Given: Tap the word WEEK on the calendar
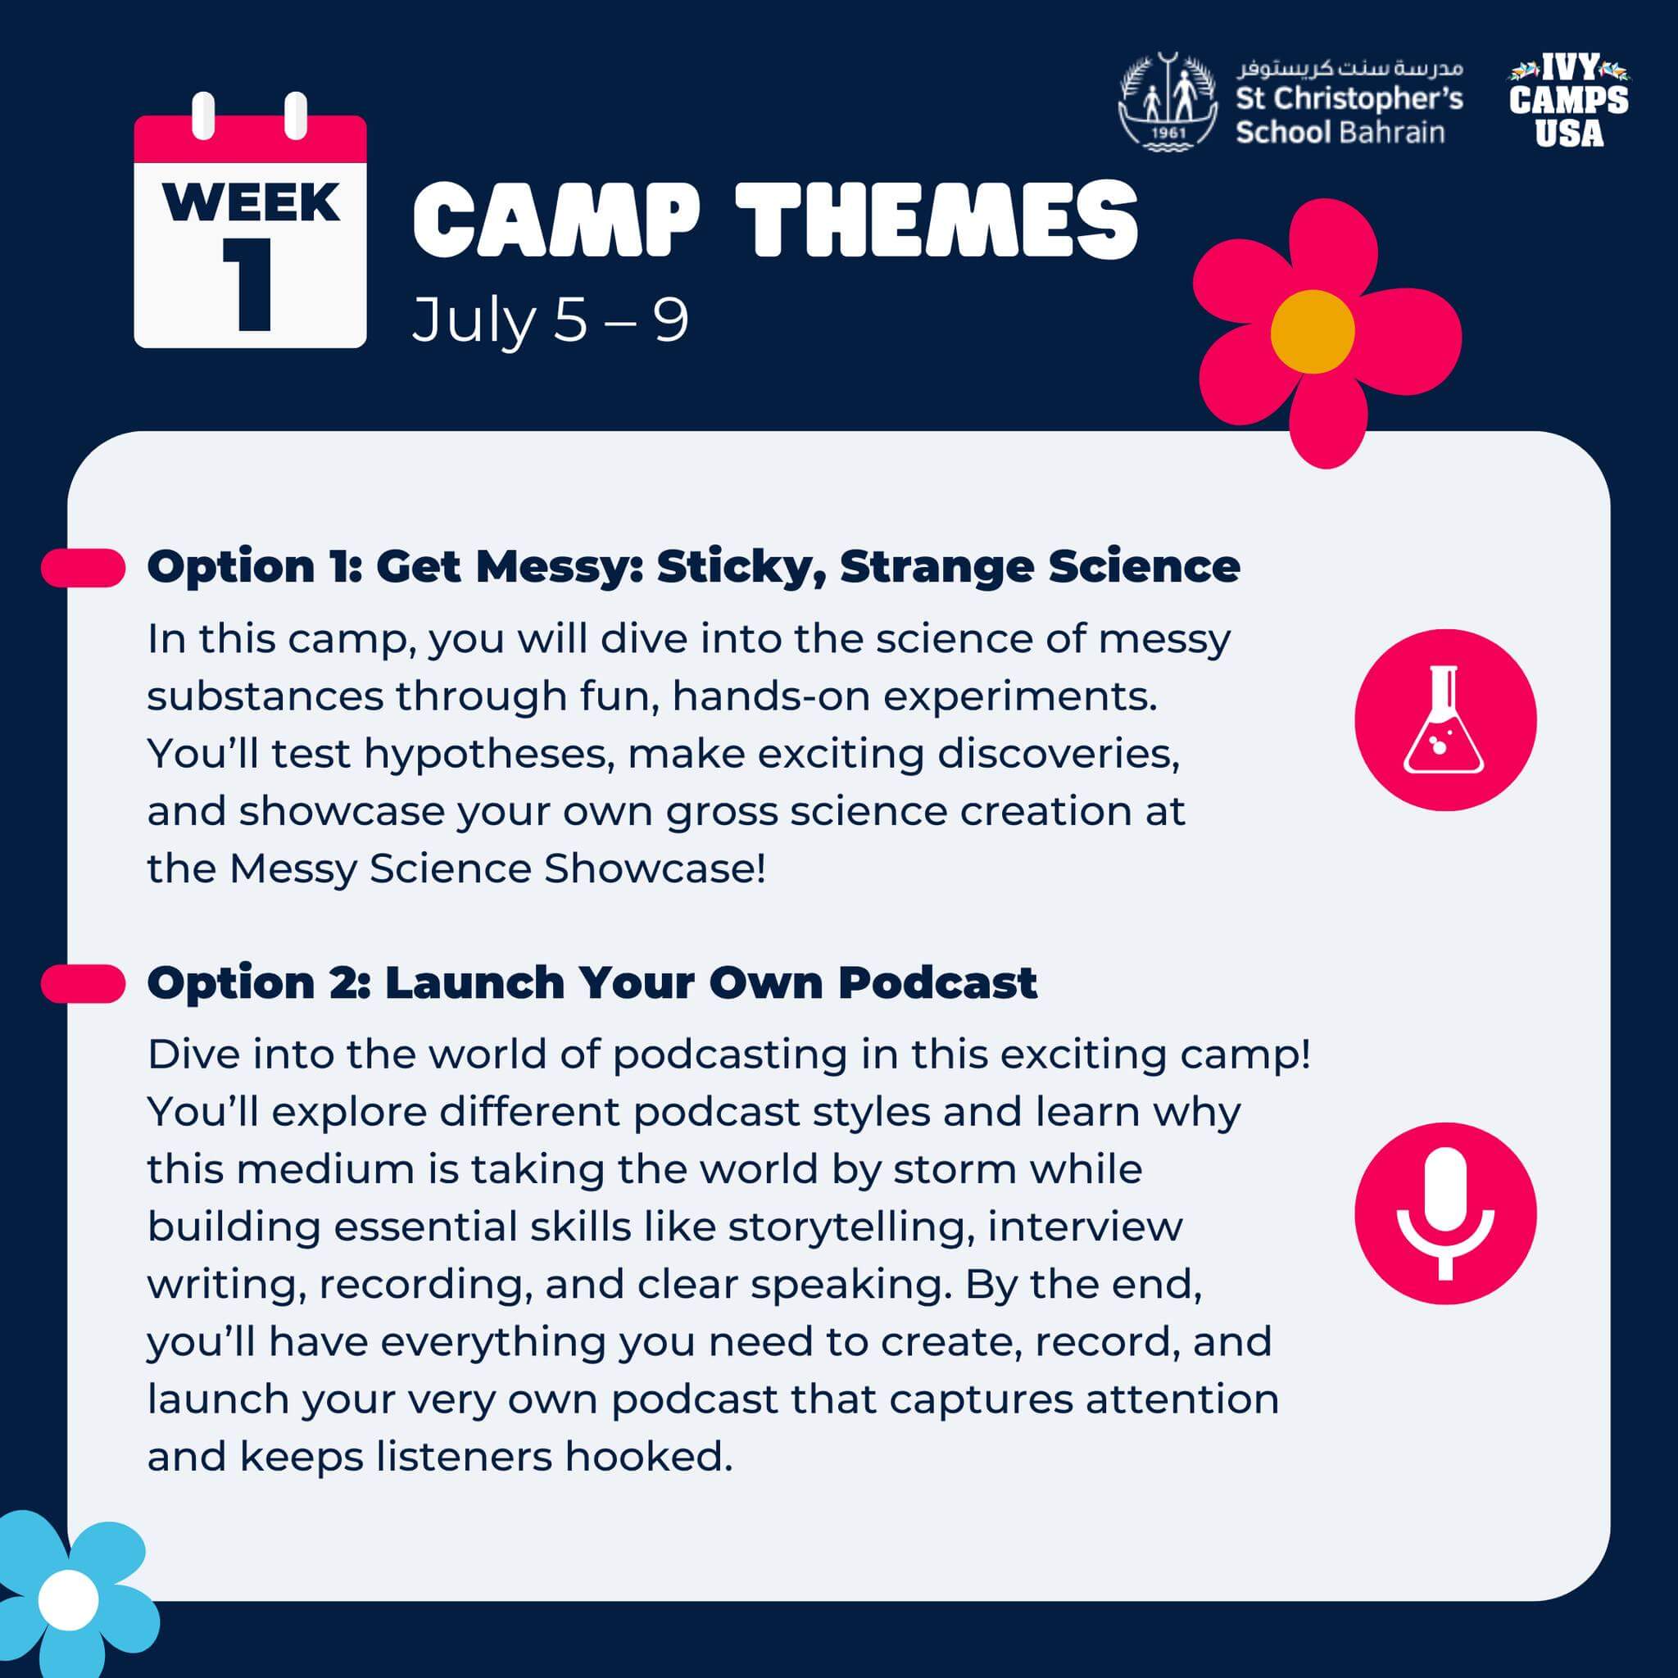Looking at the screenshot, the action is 251,202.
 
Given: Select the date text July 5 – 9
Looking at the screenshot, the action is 551,320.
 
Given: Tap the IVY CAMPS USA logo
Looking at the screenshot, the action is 1568,102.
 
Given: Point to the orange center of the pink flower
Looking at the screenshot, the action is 1312,332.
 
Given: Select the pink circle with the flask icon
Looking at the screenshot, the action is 1445,720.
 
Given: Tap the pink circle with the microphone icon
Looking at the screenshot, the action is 1445,1213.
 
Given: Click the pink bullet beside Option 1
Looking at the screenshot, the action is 84,568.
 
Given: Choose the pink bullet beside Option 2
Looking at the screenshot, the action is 84,984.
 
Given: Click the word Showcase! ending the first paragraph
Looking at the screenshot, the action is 655,868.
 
